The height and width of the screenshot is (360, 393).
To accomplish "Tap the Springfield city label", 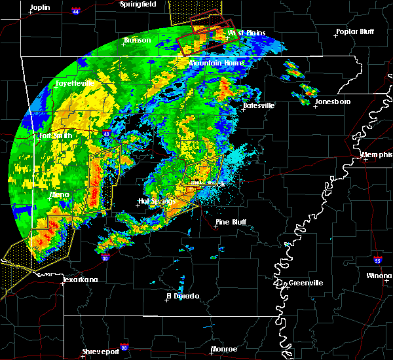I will [x=138, y=4].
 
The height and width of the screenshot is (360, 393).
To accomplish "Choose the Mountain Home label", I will [x=216, y=63].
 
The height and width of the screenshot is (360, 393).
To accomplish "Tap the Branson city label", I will [x=138, y=41].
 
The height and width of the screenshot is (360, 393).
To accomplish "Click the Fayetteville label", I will [x=74, y=84].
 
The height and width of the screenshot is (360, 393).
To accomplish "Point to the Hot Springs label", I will [x=154, y=201].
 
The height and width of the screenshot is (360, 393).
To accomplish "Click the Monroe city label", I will [x=224, y=349].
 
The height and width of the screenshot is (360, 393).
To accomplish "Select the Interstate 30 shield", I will [x=106, y=259].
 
